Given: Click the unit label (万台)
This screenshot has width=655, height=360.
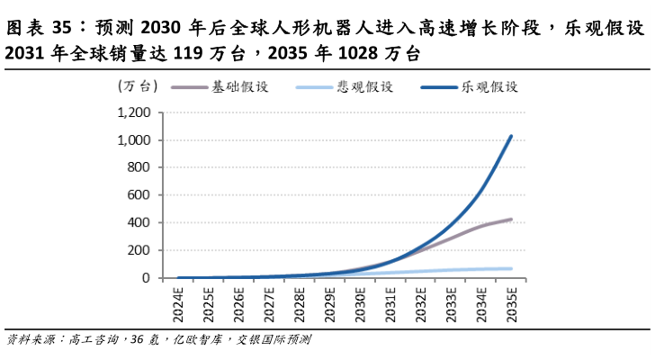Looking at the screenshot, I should [x=138, y=87].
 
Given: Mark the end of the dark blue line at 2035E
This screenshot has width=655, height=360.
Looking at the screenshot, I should [x=511, y=136].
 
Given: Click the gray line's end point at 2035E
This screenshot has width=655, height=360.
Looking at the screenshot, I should [x=511, y=219].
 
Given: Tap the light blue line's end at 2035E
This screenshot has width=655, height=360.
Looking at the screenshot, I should [x=511, y=268].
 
